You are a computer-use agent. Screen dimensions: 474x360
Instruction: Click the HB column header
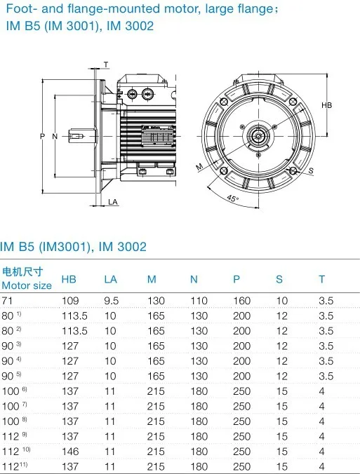[x=69, y=280]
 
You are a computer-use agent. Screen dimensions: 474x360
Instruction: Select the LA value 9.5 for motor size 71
[x=112, y=301]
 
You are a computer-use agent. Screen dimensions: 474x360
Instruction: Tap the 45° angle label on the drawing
[x=232, y=198]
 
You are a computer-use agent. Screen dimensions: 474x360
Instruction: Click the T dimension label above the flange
[x=106, y=65]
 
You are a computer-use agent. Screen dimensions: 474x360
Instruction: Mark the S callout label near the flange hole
[x=311, y=170]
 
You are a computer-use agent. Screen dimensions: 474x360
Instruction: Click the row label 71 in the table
[x=8, y=301]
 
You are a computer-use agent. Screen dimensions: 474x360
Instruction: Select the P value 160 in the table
[x=241, y=301]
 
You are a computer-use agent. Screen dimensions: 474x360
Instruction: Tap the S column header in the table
[x=279, y=280]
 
